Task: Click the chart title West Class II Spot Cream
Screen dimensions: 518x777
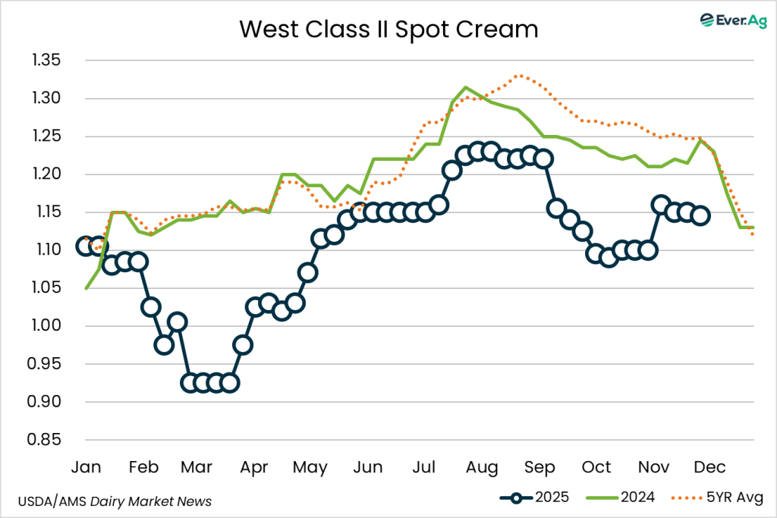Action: [388, 29]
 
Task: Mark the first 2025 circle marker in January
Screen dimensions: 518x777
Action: [86, 246]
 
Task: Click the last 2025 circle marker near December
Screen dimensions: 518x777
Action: [701, 215]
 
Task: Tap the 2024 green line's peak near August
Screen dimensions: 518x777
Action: [465, 87]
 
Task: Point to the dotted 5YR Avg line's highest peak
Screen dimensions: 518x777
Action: [519, 75]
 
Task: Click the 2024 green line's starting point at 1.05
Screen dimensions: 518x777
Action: [87, 288]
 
